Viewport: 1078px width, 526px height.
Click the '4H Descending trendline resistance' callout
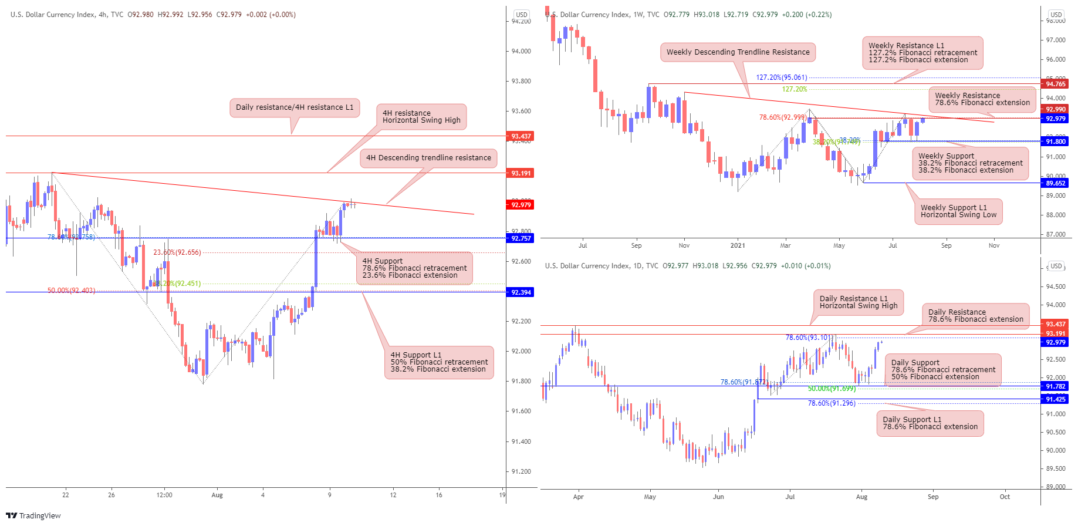point(428,158)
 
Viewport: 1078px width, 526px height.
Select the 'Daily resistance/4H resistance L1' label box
point(295,107)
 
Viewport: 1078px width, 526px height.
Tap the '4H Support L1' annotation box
point(439,362)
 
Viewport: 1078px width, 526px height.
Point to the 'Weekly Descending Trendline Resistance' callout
point(738,52)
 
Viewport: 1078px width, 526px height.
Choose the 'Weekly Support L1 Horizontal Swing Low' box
point(958,211)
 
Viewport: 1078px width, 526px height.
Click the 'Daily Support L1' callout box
point(930,423)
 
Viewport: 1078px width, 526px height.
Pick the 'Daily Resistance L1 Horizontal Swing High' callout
point(858,302)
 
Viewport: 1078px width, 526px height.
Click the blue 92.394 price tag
point(521,292)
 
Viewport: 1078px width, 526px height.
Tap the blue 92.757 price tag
point(521,238)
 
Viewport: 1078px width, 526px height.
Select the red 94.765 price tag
point(1055,84)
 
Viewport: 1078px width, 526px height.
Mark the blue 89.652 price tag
point(1055,183)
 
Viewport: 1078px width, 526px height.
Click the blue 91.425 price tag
point(1055,399)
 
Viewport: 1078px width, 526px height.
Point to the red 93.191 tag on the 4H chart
point(521,173)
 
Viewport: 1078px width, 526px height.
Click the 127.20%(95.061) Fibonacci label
point(781,77)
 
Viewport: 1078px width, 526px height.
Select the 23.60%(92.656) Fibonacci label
point(177,252)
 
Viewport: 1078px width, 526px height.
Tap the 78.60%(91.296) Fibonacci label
point(831,403)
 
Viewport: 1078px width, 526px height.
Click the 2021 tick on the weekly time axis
point(737,245)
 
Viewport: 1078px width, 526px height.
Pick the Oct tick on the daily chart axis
point(1005,497)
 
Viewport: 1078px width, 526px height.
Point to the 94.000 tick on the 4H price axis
point(521,51)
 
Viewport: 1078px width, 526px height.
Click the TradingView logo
point(33,515)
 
